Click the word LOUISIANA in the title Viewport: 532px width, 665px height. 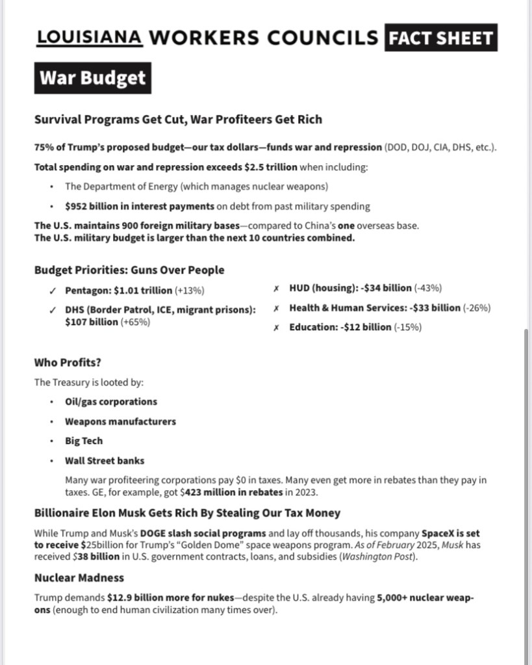90,37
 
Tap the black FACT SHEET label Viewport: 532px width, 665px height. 440,38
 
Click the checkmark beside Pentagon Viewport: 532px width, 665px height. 53,291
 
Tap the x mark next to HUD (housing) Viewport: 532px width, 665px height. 277,288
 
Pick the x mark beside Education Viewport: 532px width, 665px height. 277,328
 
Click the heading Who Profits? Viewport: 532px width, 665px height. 68,362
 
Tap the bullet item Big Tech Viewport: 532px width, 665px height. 84,441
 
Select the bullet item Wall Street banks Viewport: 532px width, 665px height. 105,460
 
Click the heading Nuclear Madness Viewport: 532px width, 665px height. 79,577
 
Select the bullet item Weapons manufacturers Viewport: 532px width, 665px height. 120,421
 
